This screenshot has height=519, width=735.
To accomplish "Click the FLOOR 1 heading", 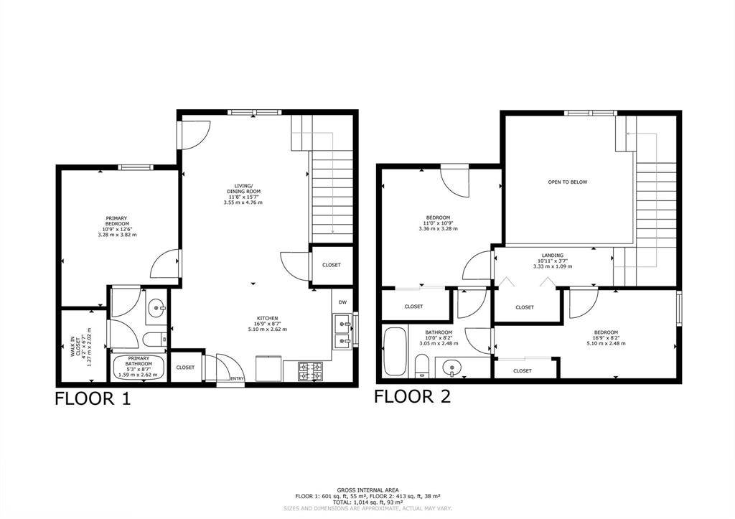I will (93, 399).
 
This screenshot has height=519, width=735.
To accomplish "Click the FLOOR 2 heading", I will (412, 396).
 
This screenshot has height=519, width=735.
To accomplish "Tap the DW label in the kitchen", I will (342, 302).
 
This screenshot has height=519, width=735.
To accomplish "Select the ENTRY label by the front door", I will (236, 378).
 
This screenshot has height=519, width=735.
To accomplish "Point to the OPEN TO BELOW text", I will (568, 182).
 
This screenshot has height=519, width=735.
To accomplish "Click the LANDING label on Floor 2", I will (552, 256).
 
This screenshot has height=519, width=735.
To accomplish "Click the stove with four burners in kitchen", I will (310, 370).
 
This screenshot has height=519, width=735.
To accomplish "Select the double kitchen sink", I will (342, 330).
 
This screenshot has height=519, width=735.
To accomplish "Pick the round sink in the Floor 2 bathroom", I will (451, 369).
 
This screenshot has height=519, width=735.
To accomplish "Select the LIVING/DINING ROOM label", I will (243, 194).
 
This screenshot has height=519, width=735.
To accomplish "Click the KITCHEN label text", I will (268, 319).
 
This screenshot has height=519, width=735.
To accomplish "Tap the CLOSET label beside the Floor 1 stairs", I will (331, 265).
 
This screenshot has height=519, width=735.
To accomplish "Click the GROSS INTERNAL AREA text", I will (367, 490).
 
